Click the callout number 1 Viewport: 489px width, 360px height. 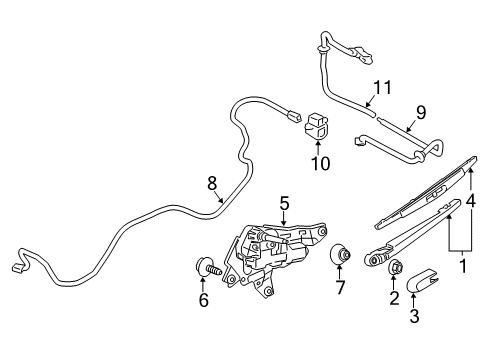tap(462, 267)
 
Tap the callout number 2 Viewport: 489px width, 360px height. tap(393, 297)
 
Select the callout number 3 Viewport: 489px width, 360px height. tap(413, 318)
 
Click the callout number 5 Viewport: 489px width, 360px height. tap(284, 203)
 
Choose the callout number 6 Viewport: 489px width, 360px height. tap(204, 299)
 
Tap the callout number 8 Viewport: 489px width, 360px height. tap(211, 183)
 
